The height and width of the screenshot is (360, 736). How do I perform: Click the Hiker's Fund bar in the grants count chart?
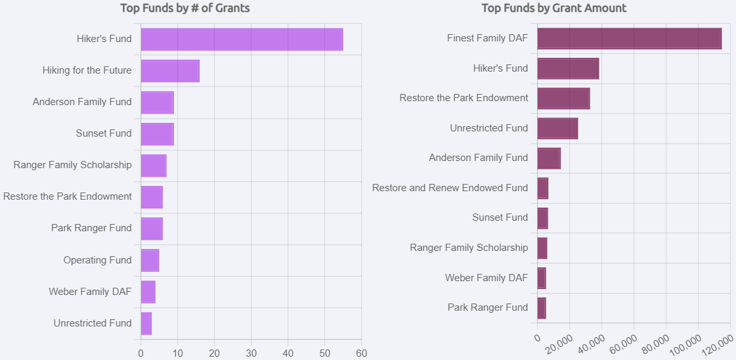click(x=242, y=39)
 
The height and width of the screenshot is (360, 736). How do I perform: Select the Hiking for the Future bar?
click(x=170, y=71)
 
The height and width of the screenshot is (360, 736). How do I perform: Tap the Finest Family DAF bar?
click(x=629, y=39)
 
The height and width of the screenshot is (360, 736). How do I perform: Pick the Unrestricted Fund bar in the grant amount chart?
click(x=557, y=128)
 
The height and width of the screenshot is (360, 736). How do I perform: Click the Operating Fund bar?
click(x=150, y=260)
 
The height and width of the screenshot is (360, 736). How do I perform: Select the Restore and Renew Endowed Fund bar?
click(x=542, y=188)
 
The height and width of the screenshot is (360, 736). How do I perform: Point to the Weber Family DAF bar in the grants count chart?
click(x=148, y=292)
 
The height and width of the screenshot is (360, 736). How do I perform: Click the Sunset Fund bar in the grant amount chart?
click(x=542, y=217)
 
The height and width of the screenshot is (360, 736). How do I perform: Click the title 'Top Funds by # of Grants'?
click(x=184, y=9)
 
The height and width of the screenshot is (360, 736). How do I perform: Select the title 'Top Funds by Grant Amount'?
click(x=553, y=9)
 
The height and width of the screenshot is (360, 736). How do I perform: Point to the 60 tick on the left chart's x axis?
click(x=361, y=353)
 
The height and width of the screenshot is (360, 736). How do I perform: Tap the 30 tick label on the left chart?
click(x=251, y=353)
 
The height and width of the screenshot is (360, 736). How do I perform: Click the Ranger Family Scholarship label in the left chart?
click(x=72, y=165)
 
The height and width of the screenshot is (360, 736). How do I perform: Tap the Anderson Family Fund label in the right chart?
click(x=478, y=158)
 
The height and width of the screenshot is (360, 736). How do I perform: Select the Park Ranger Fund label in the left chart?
click(x=91, y=228)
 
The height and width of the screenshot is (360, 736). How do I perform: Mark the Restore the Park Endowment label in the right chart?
click(x=464, y=98)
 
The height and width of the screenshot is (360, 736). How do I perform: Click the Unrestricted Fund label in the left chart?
click(x=93, y=323)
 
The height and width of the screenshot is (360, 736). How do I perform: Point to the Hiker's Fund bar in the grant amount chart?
click(x=568, y=68)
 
